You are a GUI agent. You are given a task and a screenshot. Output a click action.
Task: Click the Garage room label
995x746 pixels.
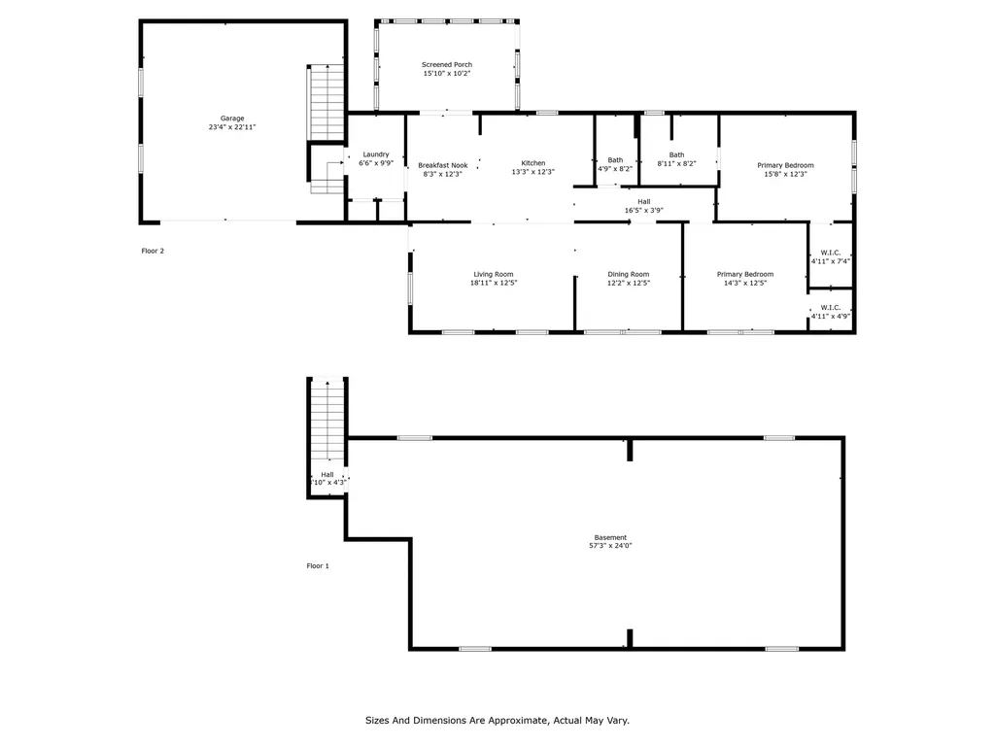tap(231, 122)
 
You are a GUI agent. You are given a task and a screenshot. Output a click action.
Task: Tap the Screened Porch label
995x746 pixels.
tap(447, 69)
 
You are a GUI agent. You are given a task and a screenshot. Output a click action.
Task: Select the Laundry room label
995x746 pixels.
tap(376, 158)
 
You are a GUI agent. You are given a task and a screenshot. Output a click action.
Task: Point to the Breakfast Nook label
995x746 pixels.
tap(443, 169)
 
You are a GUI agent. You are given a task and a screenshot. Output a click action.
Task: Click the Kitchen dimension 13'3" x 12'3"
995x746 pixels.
tap(532, 172)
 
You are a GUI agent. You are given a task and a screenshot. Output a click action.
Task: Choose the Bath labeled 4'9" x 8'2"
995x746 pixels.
tap(615, 164)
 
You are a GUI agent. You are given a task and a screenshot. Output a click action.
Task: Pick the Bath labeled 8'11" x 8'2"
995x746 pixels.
tap(676, 159)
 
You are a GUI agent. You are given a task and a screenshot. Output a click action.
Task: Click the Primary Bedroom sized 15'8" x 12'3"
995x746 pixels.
tap(785, 169)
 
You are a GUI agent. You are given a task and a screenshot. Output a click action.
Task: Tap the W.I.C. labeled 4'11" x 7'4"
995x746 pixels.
tap(831, 257)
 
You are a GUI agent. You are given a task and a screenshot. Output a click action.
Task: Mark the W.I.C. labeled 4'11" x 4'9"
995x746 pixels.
tap(831, 311)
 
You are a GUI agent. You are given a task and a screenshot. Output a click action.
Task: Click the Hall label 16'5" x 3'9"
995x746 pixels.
tap(643, 206)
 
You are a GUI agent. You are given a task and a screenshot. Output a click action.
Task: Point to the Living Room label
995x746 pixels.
tap(494, 278)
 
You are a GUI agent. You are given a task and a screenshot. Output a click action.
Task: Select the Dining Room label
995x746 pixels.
tap(628, 278)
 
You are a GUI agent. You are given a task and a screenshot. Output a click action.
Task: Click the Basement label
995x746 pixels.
tap(610, 541)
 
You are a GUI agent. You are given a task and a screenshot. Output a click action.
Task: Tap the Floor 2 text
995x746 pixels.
tap(153, 251)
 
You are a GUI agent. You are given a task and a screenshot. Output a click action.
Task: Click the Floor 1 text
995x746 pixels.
tap(318, 565)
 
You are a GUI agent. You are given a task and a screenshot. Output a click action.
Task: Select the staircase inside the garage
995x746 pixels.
tap(327, 103)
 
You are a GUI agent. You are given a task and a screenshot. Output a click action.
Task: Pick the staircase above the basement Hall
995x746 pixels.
tap(327, 420)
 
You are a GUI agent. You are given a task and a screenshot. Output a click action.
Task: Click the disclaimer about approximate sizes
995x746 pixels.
tap(497, 721)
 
